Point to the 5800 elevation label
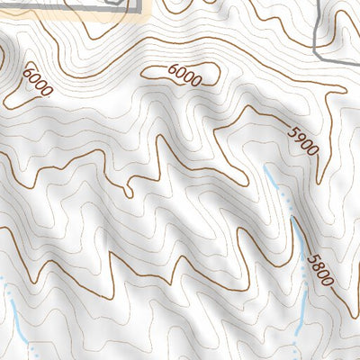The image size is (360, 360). (x=319, y=268)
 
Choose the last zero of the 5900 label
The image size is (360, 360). (x=314, y=152)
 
